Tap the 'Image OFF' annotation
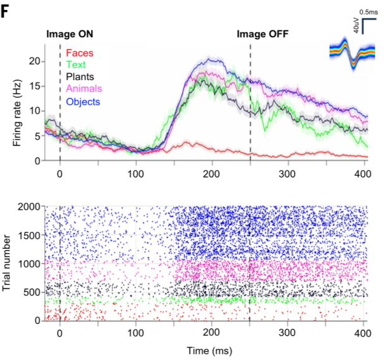(x=262, y=34)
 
